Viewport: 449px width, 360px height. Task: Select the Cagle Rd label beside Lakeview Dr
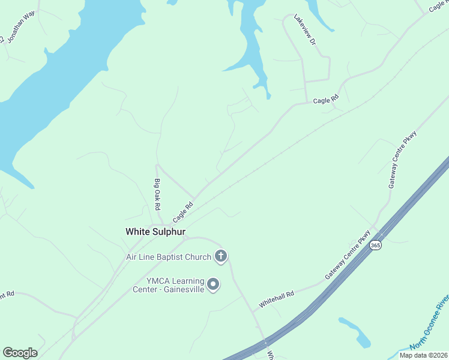(326, 100)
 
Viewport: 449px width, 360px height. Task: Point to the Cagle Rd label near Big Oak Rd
(183, 211)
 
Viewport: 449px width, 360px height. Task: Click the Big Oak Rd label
(157, 194)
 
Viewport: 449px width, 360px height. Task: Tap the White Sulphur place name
(155, 232)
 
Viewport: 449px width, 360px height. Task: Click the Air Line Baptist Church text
(169, 257)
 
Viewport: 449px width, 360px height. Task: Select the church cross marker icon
(221, 257)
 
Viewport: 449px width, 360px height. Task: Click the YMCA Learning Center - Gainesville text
(169, 284)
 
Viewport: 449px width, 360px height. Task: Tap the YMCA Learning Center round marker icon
(213, 284)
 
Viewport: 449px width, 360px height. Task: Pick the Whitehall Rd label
(277, 299)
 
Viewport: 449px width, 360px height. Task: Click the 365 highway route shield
(375, 245)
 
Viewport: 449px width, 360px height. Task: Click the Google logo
(20, 353)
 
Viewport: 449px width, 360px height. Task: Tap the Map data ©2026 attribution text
(423, 355)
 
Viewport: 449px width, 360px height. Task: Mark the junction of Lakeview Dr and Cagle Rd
(307, 102)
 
